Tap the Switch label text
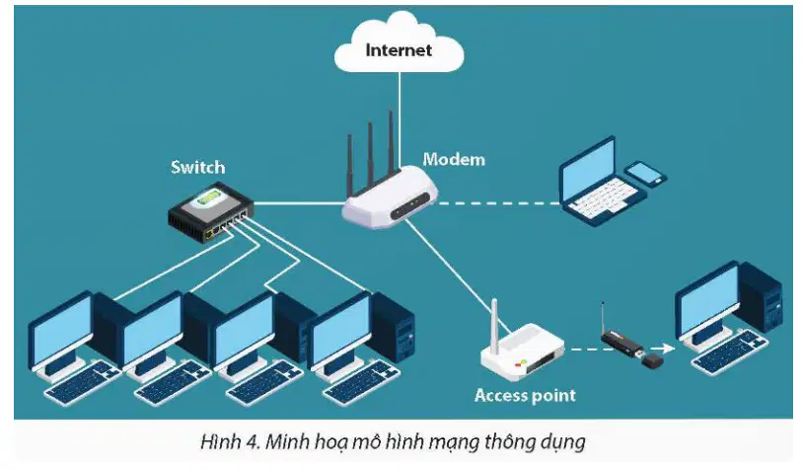(198, 167)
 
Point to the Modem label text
(454, 159)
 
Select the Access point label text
(525, 395)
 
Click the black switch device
(211, 212)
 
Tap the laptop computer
(601, 182)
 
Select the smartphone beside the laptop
(646, 173)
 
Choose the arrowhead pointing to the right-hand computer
(669, 349)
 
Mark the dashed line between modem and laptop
(498, 203)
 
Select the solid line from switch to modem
(299, 203)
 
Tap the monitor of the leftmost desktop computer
(62, 329)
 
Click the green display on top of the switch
(210, 196)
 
